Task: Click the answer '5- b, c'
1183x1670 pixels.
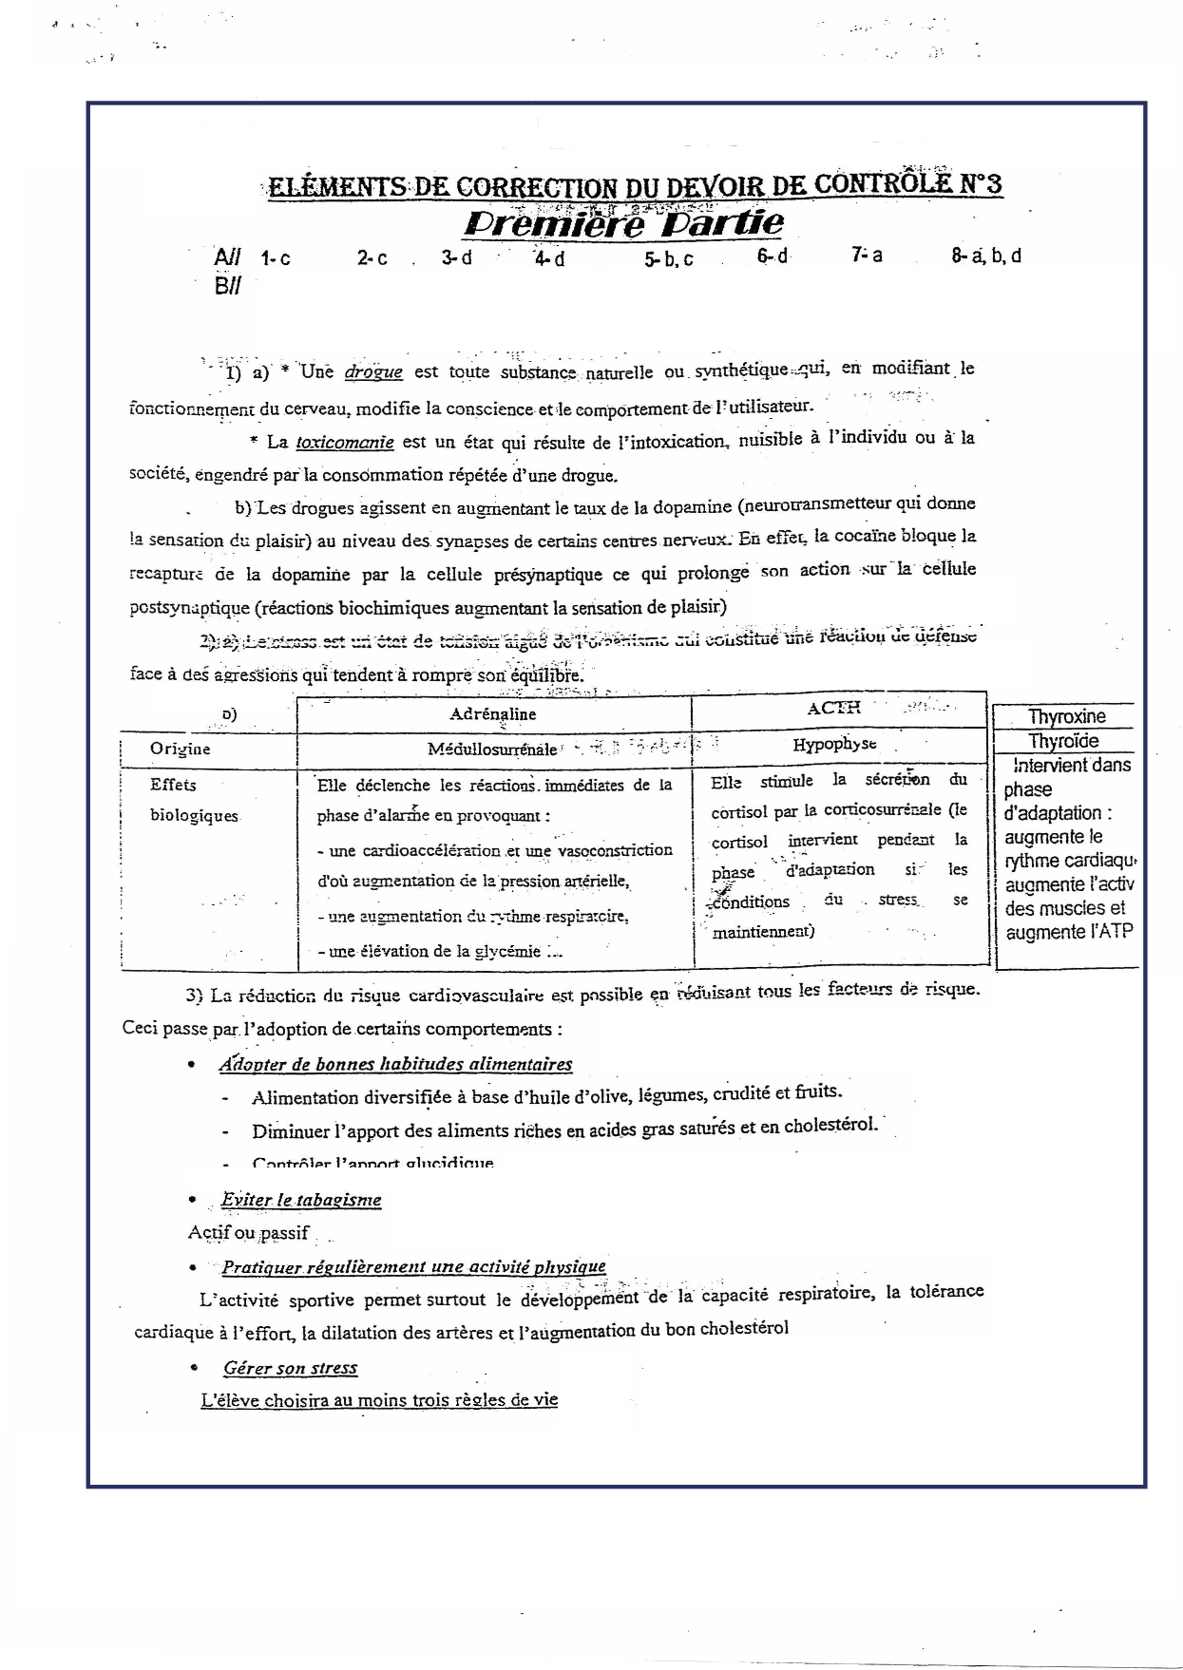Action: tap(668, 259)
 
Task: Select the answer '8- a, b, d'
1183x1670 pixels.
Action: tap(986, 256)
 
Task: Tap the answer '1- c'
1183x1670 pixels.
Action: tap(276, 258)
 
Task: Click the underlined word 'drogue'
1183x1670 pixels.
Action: tap(373, 372)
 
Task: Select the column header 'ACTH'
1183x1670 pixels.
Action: tap(832, 708)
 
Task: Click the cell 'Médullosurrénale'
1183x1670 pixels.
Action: tap(492, 750)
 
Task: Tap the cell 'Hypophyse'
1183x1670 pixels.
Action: tap(834, 745)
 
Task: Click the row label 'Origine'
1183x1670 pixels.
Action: tap(180, 749)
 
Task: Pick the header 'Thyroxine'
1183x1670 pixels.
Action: tap(1066, 717)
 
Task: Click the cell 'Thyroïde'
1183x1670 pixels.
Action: tap(1063, 742)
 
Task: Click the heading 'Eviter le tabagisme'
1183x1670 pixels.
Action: tap(301, 1200)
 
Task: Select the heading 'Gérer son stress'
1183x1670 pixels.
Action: tap(291, 1369)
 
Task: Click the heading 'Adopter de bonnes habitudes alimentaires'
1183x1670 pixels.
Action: tap(395, 1065)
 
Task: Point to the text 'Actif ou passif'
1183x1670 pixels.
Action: tap(248, 1233)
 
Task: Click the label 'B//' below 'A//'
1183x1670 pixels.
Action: tap(227, 286)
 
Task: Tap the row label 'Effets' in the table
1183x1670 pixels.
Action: tap(173, 785)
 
